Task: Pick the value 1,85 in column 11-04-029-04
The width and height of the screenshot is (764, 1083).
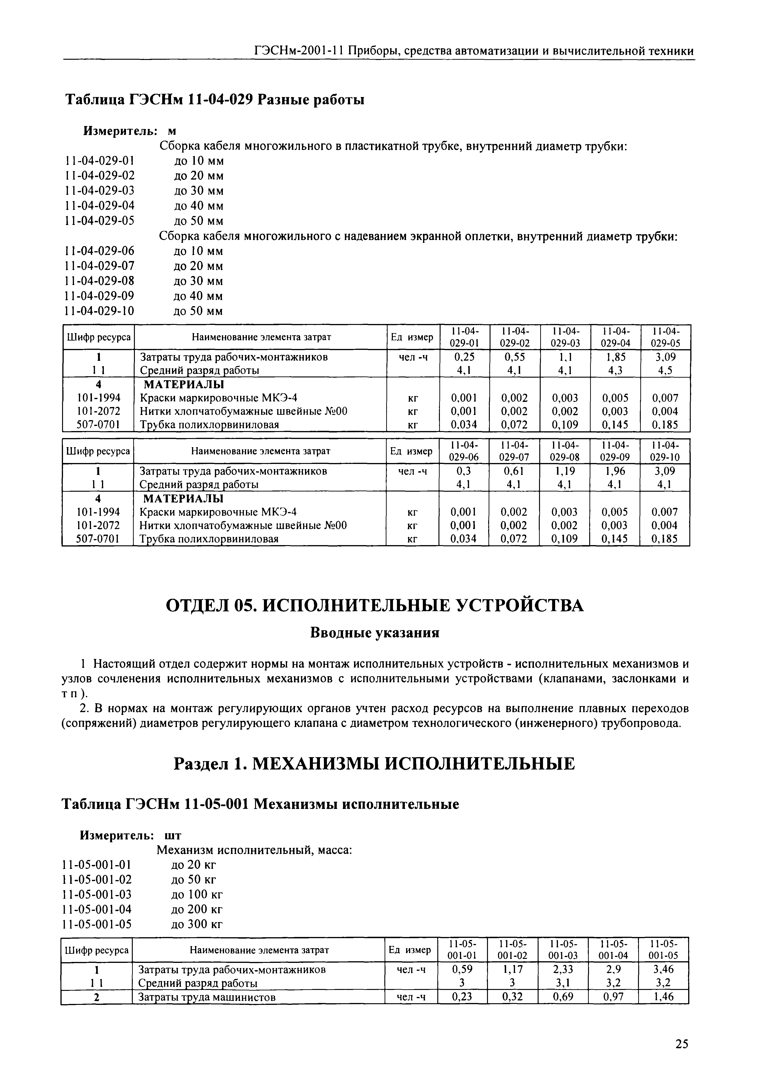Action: click(x=615, y=357)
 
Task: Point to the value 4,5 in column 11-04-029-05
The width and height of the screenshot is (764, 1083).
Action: click(x=665, y=371)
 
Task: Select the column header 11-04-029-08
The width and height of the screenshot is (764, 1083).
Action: click(x=564, y=451)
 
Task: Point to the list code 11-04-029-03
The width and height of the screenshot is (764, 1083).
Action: click(x=100, y=191)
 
